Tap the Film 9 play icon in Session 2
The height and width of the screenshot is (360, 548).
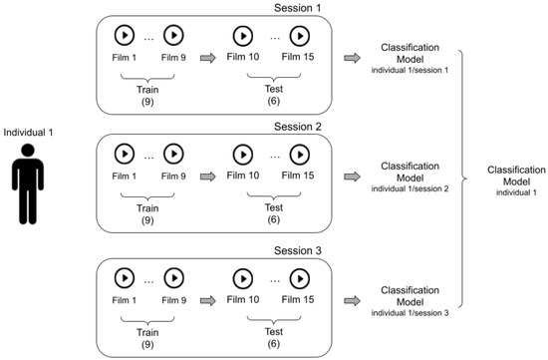[x=175, y=155]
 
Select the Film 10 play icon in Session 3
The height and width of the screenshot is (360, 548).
[x=242, y=275]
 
